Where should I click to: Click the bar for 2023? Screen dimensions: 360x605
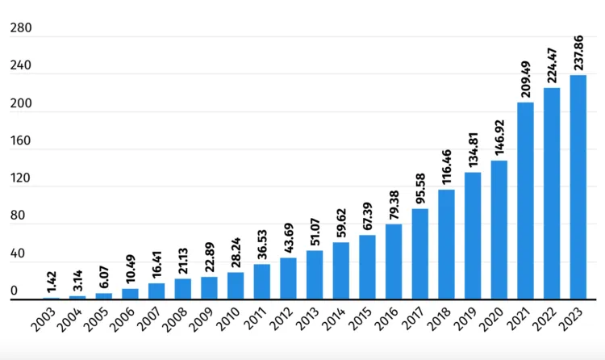(578, 187)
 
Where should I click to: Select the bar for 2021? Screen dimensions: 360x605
(525, 201)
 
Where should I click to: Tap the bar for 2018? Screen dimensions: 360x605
(446, 245)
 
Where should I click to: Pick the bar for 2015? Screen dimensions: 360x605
(367, 267)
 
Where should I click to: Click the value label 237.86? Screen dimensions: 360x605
(578, 49)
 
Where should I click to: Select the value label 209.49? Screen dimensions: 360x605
(526, 76)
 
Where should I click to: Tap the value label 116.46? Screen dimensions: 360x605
(447, 164)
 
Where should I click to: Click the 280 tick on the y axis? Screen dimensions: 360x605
(20, 29)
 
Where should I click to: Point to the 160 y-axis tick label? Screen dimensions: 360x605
(20, 141)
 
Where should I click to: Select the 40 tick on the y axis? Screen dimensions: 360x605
(17, 253)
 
